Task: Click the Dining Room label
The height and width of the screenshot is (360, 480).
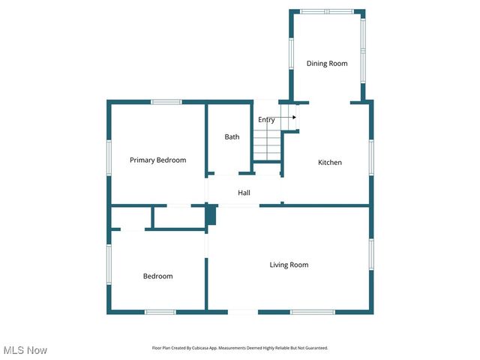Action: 327,64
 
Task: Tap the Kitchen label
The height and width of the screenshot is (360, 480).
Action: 330,163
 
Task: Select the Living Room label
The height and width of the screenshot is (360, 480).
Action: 289,265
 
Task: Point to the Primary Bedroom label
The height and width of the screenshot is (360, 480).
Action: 157,160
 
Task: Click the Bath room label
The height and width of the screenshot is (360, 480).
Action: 232,136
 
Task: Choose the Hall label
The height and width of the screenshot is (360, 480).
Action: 244,193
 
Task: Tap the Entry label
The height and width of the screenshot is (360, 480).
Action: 266,120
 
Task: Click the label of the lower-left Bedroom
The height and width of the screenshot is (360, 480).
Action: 157,276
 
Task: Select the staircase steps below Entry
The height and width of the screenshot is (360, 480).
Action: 265,145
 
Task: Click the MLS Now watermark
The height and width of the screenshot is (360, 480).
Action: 25,350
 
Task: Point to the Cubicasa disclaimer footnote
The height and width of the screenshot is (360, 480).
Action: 240,348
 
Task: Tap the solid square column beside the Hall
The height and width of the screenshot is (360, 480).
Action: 211,215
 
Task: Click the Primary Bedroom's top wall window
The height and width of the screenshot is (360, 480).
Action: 166,102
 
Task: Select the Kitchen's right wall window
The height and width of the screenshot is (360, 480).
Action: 370,157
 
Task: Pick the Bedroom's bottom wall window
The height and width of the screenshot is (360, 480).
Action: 160,312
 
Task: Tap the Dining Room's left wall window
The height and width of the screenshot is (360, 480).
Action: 291,53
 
